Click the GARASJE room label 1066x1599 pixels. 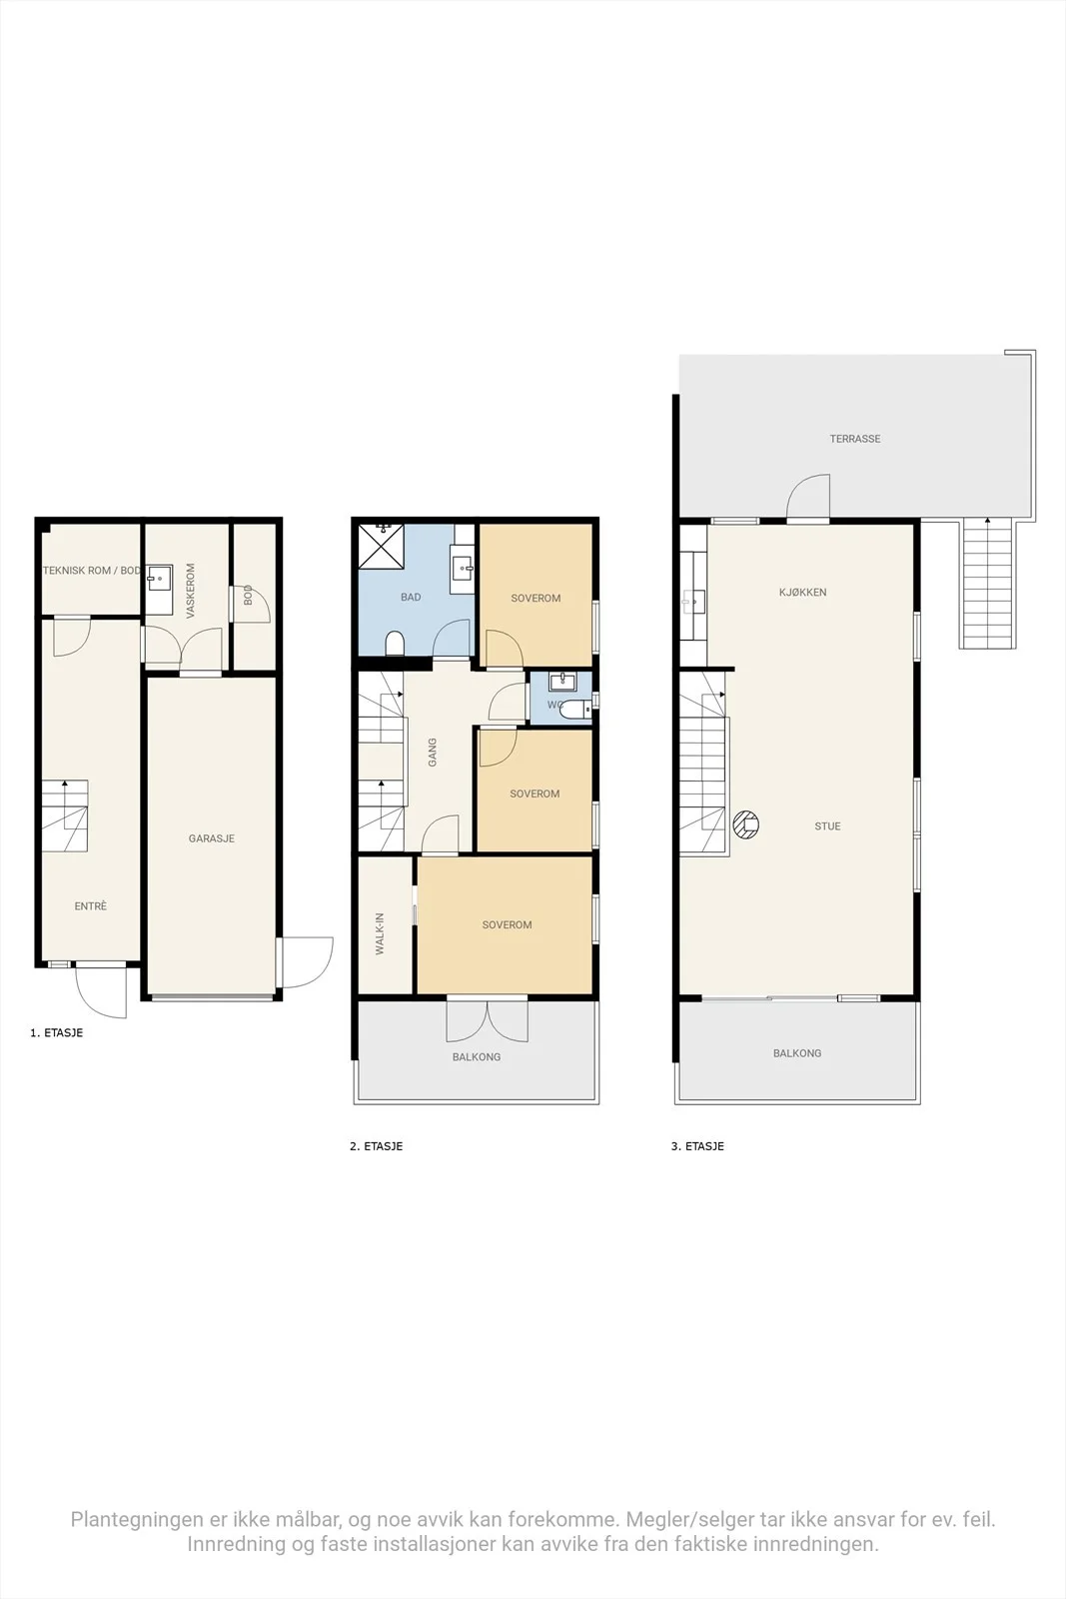coord(211,838)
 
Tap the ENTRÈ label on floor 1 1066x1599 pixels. coord(91,905)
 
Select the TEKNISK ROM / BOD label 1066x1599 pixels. coord(92,571)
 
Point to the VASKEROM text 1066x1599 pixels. coord(191,591)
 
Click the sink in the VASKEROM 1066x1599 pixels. coord(160,576)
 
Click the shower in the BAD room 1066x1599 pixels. coord(381,546)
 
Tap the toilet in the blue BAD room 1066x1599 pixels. coord(395,644)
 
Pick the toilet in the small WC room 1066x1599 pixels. coord(575,710)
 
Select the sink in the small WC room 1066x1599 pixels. coord(561,682)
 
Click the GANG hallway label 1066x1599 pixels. coord(432,752)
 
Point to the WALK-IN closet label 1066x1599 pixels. coord(380,933)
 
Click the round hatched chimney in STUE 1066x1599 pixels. coord(746,825)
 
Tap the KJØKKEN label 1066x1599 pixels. coord(802,592)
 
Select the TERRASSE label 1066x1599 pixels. coord(855,439)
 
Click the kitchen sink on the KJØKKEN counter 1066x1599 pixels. coord(693,601)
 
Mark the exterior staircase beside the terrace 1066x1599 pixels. coord(987,583)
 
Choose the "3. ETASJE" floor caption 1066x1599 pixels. coord(697,1146)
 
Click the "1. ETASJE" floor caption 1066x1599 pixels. coord(56,1033)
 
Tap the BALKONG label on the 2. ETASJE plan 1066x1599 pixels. coord(476,1056)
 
